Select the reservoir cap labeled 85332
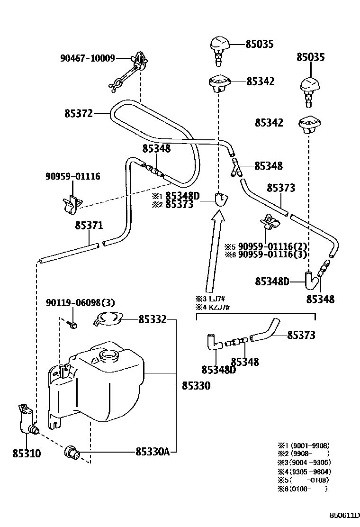[x=108, y=319]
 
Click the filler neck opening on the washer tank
[x=109, y=354]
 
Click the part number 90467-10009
[x=88, y=58]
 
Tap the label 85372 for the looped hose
[x=79, y=114]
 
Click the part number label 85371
[x=89, y=225]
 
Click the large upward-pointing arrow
[x=215, y=251]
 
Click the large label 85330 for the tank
[x=196, y=385]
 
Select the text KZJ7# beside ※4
[x=219, y=307]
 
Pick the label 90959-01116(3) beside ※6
[x=273, y=254]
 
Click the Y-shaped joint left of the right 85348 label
[x=236, y=167]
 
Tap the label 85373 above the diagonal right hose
[x=281, y=188]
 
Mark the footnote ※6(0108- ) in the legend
[x=303, y=489]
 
